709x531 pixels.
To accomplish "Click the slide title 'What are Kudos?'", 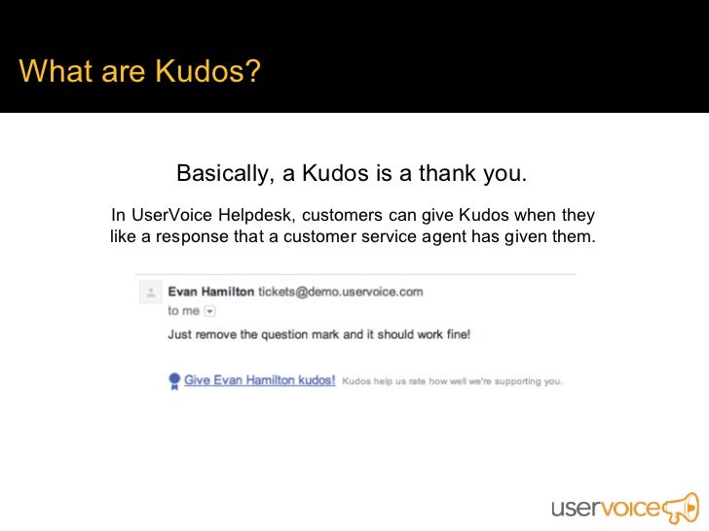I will tap(140, 72).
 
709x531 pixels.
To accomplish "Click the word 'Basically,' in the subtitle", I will tap(225, 174).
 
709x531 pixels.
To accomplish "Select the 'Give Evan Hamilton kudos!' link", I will tap(260, 380).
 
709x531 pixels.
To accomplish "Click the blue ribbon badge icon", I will tap(174, 380).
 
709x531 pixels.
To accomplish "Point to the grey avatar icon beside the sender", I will tap(151, 292).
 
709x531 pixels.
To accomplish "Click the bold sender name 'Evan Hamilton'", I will tap(211, 291).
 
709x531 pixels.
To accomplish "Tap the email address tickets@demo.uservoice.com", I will tap(341, 291).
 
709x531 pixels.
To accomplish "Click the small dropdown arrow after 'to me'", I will tap(209, 311).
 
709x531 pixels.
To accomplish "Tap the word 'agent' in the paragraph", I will tap(445, 236).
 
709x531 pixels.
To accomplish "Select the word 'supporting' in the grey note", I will tap(510, 381).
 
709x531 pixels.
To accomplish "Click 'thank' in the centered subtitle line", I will tap(447, 174).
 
